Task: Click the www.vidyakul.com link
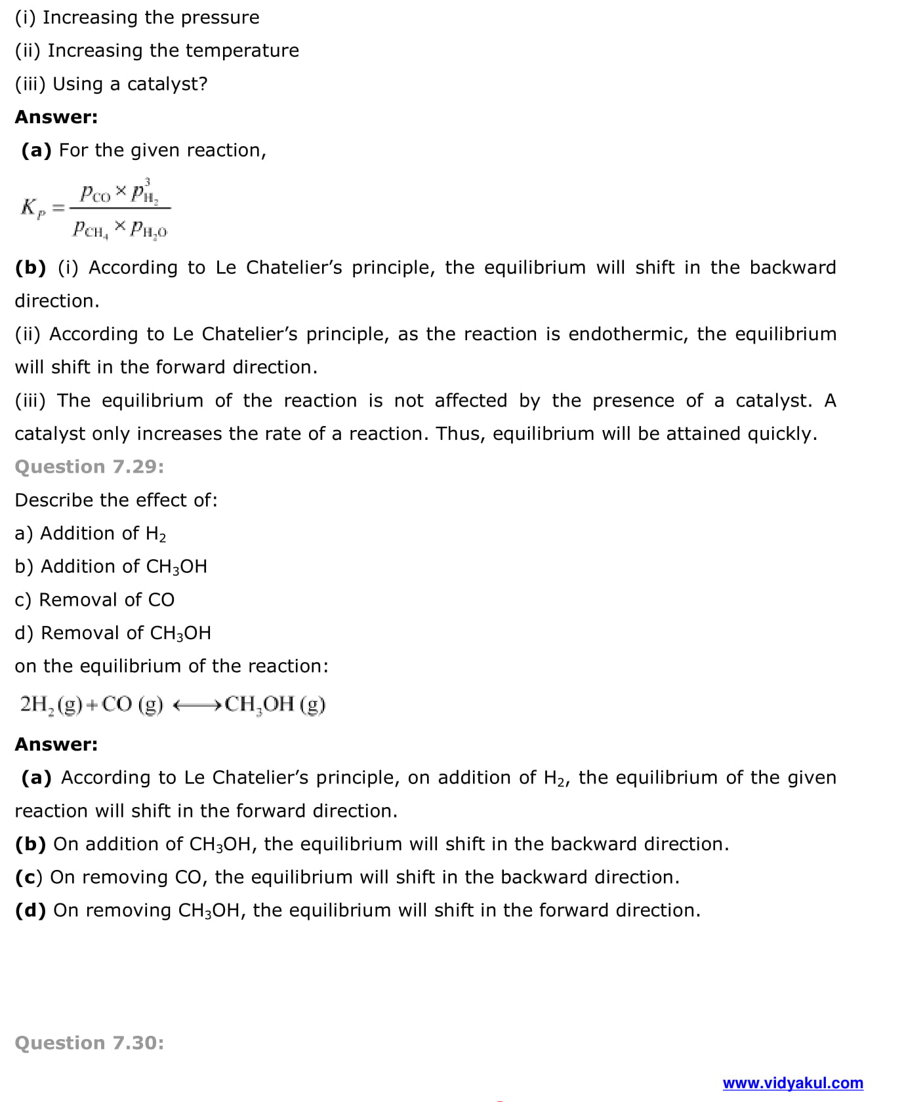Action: click(792, 1083)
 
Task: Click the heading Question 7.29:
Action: click(89, 467)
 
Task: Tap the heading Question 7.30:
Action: click(89, 1043)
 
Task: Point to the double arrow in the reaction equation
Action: click(197, 705)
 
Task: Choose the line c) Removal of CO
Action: click(94, 600)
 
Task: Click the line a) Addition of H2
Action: click(90, 534)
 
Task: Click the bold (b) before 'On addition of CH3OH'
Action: click(30, 844)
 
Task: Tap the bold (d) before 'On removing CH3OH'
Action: click(30, 911)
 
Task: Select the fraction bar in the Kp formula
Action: click(120, 208)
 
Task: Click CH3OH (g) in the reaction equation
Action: click(275, 705)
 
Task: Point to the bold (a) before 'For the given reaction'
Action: click(36, 151)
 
